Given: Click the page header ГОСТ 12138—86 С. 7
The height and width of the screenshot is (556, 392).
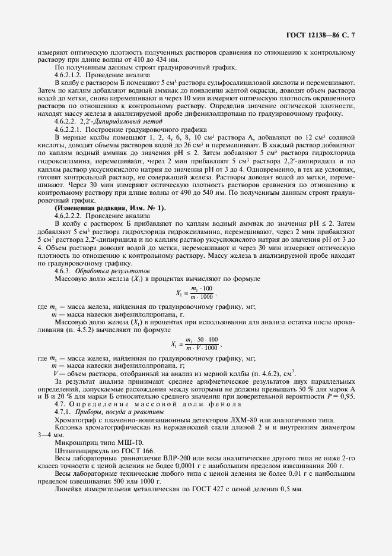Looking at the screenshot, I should pyautogui.click(x=320, y=36).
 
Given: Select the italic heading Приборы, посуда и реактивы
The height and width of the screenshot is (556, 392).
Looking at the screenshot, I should pyautogui.click(x=111, y=411).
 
